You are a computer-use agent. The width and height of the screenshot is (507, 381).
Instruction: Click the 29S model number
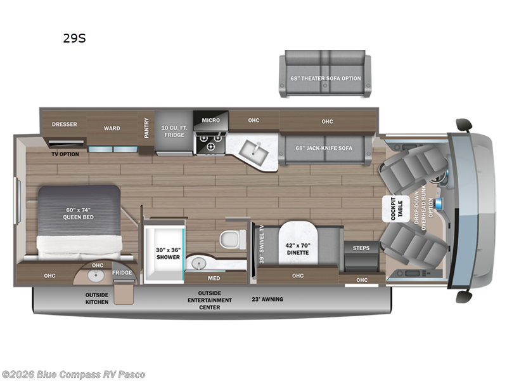click(74, 38)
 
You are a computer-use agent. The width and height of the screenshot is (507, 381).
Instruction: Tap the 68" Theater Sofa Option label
click(326, 78)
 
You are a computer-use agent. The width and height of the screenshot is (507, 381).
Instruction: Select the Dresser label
click(64, 124)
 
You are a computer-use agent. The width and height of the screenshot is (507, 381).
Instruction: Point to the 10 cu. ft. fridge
click(173, 131)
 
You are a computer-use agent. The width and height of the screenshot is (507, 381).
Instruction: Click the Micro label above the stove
click(210, 120)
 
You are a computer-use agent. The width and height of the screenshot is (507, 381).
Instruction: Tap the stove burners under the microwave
click(210, 142)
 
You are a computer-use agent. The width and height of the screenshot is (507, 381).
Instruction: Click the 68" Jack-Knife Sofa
click(324, 148)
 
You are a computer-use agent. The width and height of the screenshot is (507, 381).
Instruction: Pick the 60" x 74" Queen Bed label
click(78, 213)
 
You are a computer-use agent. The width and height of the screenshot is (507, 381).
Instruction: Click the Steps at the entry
click(361, 248)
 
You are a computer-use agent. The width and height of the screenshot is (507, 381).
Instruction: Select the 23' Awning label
click(267, 298)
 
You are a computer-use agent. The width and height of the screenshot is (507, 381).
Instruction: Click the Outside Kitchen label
click(97, 298)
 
